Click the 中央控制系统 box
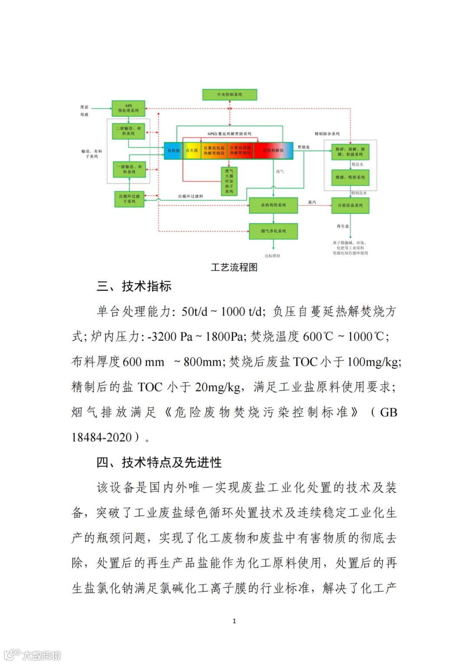click(229, 94)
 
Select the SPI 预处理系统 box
click(128, 108)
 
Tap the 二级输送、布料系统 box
click(128, 131)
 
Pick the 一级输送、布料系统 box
click(129, 169)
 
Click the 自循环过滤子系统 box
click(129, 199)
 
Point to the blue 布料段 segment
click(173, 150)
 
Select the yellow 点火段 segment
click(192, 150)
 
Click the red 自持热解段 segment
click(273, 150)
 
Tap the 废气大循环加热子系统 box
click(229, 181)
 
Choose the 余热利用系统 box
click(273, 205)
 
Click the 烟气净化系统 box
click(273, 231)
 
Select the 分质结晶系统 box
click(350, 205)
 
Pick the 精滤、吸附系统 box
click(350, 177)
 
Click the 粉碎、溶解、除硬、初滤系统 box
click(350, 152)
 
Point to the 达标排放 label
click(272, 256)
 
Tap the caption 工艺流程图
click(234, 267)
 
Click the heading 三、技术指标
click(134, 286)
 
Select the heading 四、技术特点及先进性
click(159, 462)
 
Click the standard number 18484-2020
click(102, 437)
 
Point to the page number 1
click(234, 621)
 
